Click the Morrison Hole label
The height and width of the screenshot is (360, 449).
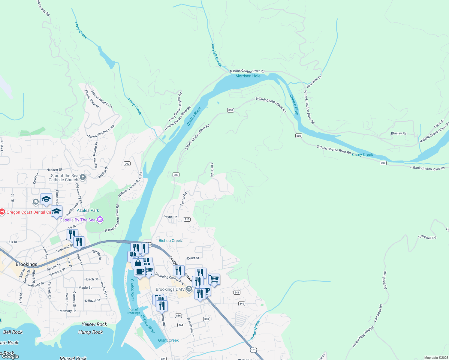(248, 76)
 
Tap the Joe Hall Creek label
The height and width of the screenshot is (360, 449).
(216, 55)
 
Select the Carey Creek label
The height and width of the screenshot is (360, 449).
(362, 154)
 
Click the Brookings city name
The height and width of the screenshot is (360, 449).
(26, 264)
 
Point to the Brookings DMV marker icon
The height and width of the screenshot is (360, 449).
(189, 289)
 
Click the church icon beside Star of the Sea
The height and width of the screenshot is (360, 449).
(83, 177)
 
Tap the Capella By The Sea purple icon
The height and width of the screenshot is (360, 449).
(100, 220)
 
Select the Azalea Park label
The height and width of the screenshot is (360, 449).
(88, 210)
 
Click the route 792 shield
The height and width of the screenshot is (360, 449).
(127, 164)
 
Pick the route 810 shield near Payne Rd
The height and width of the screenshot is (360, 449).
(187, 219)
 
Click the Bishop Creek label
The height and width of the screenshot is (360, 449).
(170, 241)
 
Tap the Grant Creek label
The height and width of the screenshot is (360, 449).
(168, 340)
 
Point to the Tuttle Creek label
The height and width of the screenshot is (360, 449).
(255, 330)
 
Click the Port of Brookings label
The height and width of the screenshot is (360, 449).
(133, 311)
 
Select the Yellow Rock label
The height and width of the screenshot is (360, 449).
(94, 324)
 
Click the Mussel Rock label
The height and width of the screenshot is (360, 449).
(73, 358)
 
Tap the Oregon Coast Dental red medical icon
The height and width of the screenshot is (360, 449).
(2, 212)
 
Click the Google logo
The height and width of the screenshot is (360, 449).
(10, 356)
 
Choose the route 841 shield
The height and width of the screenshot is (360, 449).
(237, 292)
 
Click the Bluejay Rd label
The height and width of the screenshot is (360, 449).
(399, 133)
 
